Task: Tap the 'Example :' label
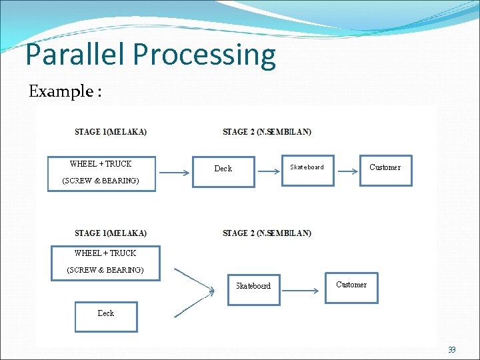65,91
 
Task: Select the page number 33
451,350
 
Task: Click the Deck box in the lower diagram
106,316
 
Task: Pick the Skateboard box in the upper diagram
307,170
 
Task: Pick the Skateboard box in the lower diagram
253,289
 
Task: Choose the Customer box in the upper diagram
385,170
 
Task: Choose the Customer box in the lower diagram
351,287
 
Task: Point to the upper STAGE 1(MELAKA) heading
111,132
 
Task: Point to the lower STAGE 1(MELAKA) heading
111,233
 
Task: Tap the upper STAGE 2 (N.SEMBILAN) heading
267,132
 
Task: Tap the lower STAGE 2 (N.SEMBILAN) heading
267,233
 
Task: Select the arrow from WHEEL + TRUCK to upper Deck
175,173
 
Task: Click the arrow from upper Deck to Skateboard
269,172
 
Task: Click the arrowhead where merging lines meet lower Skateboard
212,291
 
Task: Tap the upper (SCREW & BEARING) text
101,181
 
